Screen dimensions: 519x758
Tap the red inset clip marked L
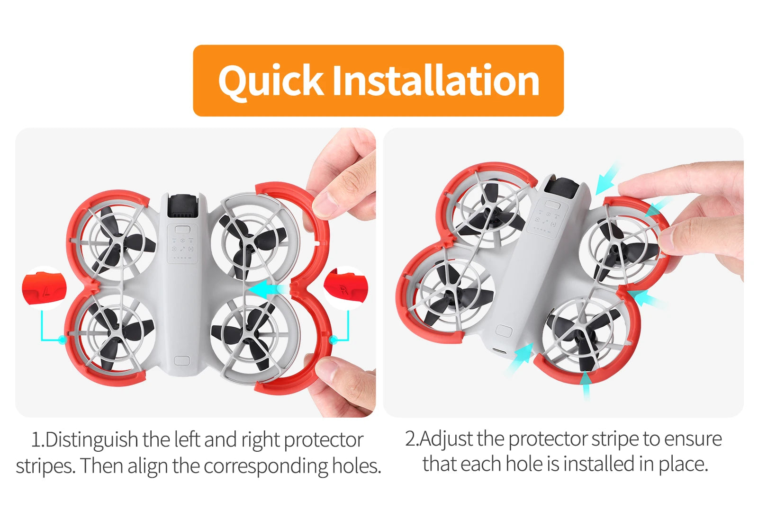click(x=45, y=288)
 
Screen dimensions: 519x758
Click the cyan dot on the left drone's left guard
click(x=62, y=340)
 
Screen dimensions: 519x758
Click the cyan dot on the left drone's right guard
click(x=333, y=340)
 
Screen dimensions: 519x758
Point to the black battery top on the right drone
click(x=564, y=188)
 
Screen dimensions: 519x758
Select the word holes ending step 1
click(x=356, y=466)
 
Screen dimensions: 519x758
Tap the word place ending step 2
click(x=683, y=464)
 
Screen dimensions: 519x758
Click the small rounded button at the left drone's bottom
click(x=182, y=361)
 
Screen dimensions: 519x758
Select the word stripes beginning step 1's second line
click(x=45, y=466)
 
